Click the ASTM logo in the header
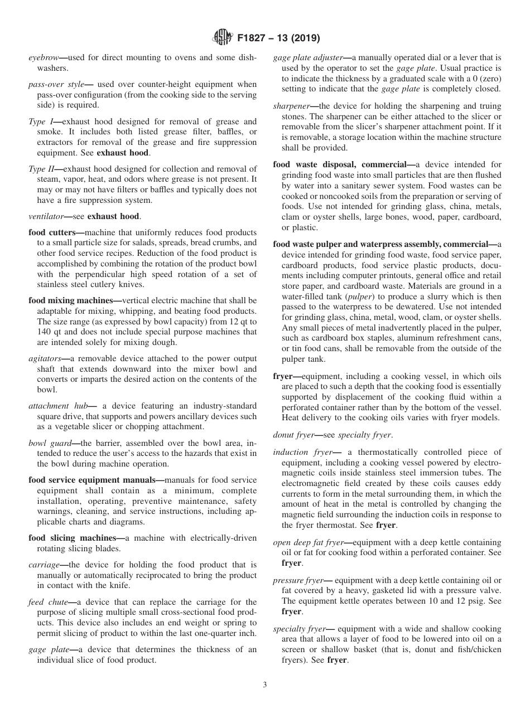222,38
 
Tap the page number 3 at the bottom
265,685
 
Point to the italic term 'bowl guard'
49,443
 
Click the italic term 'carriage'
44,565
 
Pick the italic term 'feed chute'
47,602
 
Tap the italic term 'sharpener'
291,106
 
